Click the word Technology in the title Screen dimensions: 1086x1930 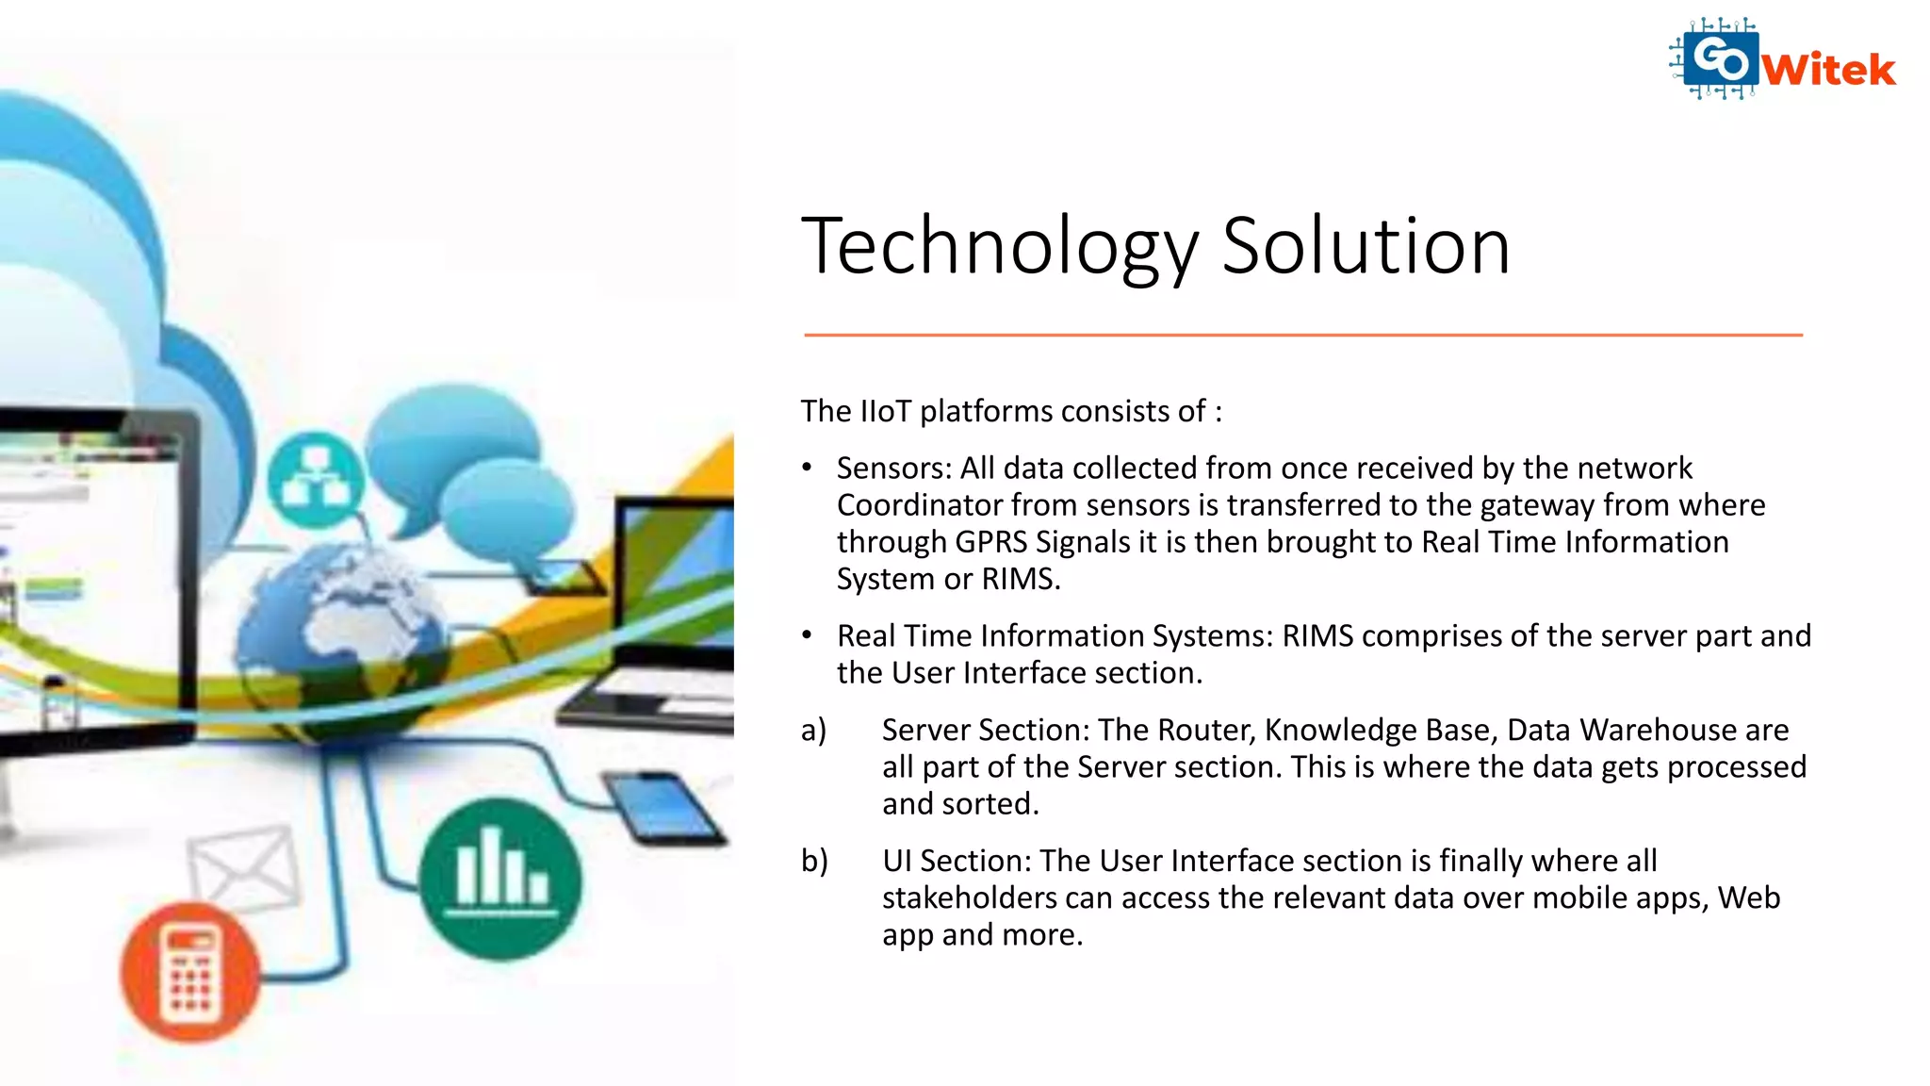[x=999, y=247]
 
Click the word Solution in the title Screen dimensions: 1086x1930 [x=1366, y=247]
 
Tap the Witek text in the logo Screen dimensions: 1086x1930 [x=1828, y=70]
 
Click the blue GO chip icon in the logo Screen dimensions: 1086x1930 [x=1719, y=59]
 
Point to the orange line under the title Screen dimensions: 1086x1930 [x=1302, y=335]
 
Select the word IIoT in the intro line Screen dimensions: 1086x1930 [x=885, y=412]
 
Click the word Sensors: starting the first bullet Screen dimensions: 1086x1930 [x=893, y=469]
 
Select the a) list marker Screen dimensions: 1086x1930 [x=813, y=731]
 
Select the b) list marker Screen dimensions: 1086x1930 [x=814, y=861]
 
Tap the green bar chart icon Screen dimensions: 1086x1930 [x=500, y=879]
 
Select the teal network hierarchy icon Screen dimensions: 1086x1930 [x=316, y=480]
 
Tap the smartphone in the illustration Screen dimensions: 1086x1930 [x=663, y=806]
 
